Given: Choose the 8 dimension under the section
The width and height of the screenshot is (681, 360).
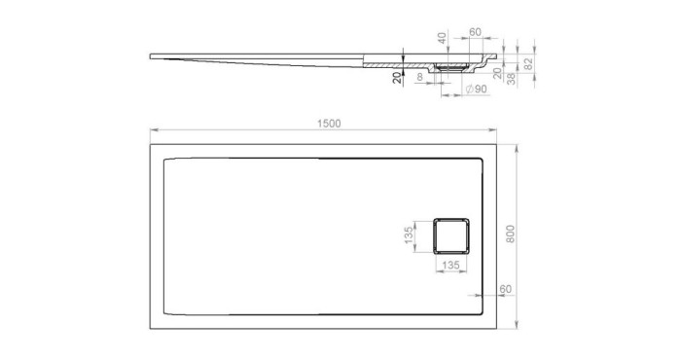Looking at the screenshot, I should pyautogui.click(x=419, y=75).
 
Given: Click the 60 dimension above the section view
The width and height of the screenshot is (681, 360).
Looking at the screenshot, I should pyautogui.click(x=475, y=32).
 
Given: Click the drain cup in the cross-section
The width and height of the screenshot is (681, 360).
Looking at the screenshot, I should pyautogui.click(x=453, y=67).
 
